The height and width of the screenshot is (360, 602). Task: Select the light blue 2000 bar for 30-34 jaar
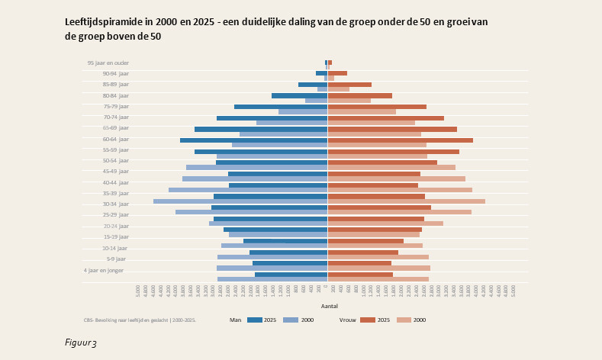(240, 201)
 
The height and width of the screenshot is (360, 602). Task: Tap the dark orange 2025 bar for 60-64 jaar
(401, 140)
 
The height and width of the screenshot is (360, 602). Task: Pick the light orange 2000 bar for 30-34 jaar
(407, 201)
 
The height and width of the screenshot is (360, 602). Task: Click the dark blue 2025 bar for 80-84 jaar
(299, 96)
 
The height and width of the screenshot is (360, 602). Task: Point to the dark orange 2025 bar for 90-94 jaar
(338, 73)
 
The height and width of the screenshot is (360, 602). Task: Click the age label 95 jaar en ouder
(108, 63)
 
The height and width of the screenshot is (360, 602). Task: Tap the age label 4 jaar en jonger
(104, 270)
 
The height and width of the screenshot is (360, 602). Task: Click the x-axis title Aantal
(329, 306)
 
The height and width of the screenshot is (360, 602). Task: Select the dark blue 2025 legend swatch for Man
(255, 320)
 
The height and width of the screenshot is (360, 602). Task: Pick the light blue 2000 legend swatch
(290, 320)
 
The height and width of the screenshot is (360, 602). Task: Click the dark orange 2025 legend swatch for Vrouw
(368, 320)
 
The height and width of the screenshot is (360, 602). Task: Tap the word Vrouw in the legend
(346, 320)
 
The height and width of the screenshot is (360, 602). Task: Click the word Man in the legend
(236, 320)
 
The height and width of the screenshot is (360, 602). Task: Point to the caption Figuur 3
(81, 343)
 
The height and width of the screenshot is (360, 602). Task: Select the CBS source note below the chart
(140, 320)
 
